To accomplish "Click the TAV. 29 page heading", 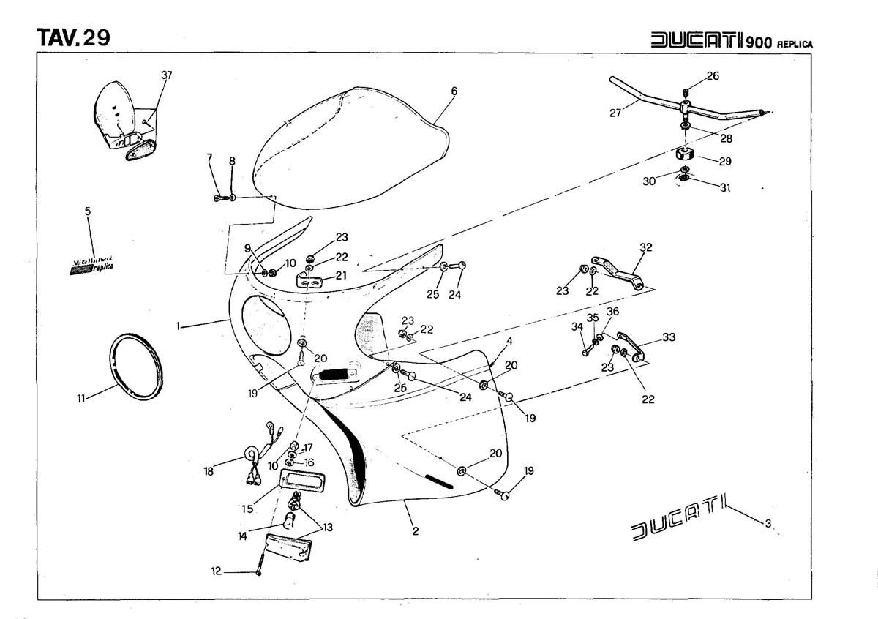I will point(73,37).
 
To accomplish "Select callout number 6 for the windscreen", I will point(454,91).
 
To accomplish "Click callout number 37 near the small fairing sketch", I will point(168,75).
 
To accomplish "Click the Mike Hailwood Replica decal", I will point(91,265).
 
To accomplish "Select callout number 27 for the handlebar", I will point(615,113).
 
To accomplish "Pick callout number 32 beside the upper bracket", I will point(645,247).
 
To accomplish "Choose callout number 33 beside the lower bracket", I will point(669,337).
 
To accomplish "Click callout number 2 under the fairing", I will point(415,531).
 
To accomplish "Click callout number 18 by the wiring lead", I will point(209,472).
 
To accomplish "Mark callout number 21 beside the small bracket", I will point(341,274).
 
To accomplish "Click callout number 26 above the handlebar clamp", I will point(713,76).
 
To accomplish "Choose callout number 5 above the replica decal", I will point(88,211).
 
